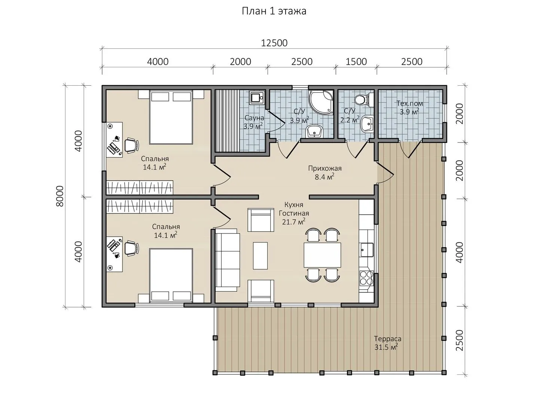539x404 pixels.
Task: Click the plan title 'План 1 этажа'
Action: point(274,11)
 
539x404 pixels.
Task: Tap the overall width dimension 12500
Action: point(274,43)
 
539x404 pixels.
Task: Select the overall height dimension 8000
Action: point(60,196)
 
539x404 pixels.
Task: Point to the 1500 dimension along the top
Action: point(356,62)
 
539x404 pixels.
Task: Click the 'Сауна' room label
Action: point(254,118)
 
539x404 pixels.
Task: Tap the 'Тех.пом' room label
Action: point(409,103)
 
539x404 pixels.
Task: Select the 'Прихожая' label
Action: point(325,168)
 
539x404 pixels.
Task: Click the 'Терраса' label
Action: point(387,339)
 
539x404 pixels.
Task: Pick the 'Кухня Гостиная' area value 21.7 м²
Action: point(294,222)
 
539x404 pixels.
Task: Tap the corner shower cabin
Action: point(321,102)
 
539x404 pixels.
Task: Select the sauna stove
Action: point(257,98)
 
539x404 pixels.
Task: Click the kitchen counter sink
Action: point(366,250)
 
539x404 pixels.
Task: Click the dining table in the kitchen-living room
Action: point(322,255)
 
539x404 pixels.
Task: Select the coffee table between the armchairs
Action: point(260,255)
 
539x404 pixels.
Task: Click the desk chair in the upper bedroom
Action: point(131,146)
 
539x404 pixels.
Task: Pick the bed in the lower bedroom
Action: point(171,274)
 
